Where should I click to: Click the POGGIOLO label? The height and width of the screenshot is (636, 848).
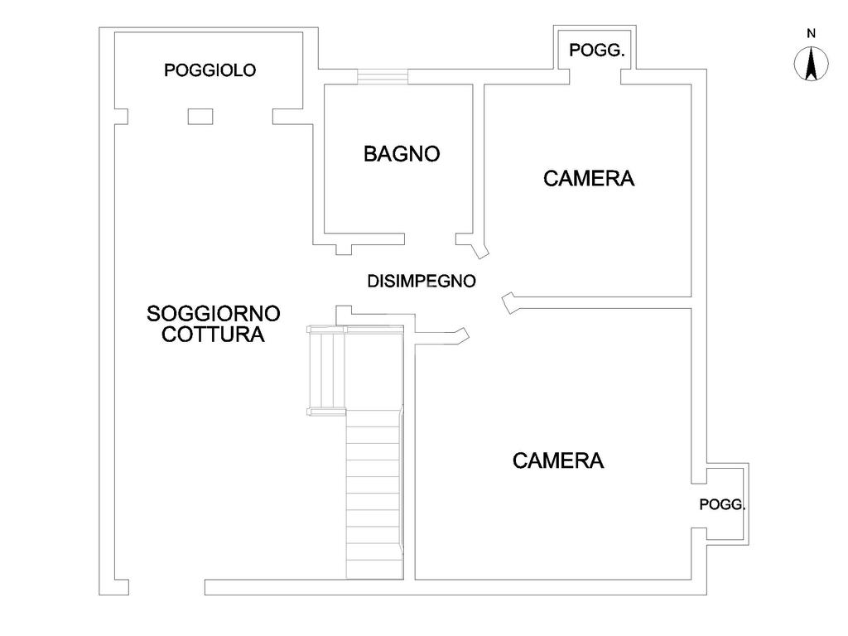[210, 70]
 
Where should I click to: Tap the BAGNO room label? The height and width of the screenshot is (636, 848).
[402, 154]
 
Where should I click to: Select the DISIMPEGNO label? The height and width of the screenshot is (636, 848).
[422, 282]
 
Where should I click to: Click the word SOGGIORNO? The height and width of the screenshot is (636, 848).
[213, 314]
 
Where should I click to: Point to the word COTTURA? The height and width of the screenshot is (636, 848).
[213, 335]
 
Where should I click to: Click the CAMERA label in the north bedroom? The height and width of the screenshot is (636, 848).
[589, 179]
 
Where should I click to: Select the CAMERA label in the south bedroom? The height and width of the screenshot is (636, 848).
[558, 460]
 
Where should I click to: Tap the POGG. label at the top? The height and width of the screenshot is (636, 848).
[597, 51]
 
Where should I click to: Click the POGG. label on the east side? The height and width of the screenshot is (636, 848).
[722, 504]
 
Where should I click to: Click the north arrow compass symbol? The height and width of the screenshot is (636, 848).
[812, 63]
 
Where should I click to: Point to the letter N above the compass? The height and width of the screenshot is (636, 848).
[812, 33]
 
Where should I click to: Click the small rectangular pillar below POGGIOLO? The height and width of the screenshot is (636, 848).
[200, 116]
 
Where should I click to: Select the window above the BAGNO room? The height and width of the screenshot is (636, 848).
[383, 77]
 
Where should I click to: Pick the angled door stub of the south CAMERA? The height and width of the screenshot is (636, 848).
[509, 303]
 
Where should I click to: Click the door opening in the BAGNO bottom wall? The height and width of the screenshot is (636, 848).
[430, 239]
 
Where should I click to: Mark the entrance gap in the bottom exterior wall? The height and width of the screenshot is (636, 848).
[166, 587]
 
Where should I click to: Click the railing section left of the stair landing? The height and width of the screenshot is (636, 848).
[326, 371]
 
